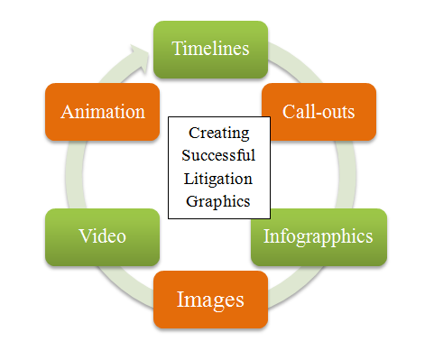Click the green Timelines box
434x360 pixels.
point(210,49)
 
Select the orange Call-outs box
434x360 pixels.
point(318,112)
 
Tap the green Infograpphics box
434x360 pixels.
point(318,237)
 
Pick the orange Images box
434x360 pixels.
point(210,299)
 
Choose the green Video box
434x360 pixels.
point(102,237)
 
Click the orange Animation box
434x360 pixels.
point(102,112)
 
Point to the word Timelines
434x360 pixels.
point(210,49)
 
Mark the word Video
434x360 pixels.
point(102,237)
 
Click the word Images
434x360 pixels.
point(210,299)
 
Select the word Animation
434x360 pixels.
point(102,112)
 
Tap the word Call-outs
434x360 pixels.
point(318,112)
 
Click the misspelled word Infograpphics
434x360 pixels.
point(318,237)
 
